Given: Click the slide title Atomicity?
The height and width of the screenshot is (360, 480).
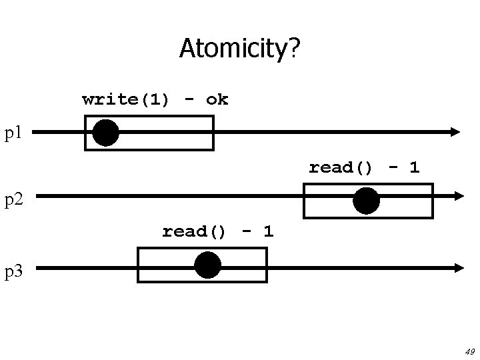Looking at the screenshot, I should (x=239, y=49).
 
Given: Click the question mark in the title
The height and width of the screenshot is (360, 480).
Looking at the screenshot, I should (x=294, y=49).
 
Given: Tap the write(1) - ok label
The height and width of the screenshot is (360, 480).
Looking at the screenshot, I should (x=155, y=100).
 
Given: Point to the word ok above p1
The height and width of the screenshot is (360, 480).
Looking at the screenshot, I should (x=217, y=100).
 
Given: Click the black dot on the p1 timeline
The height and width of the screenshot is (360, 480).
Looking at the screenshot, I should (x=105, y=133).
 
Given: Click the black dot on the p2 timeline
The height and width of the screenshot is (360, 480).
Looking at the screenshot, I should (x=366, y=201).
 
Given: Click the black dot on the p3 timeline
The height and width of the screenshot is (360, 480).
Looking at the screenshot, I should (x=207, y=265).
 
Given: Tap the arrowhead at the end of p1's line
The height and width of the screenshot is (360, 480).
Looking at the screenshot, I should (x=455, y=133).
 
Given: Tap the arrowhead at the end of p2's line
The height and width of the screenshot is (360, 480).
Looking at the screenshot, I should (x=458, y=196).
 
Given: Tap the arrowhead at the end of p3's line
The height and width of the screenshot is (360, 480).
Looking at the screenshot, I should (x=458, y=268).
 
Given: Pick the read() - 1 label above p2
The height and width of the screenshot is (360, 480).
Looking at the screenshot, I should (x=364, y=167).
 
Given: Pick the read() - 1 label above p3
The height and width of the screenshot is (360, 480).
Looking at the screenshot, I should (x=217, y=231).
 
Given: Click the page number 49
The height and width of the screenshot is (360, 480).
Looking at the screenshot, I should (x=469, y=351).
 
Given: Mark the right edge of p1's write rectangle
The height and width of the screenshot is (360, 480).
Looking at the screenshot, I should (x=213, y=133).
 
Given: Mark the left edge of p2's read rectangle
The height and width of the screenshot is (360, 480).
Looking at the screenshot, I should (x=304, y=201).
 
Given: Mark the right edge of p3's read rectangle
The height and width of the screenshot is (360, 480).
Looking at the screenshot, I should (x=267, y=265).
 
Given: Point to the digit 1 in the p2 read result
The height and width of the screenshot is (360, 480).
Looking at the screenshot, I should (x=415, y=167).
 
